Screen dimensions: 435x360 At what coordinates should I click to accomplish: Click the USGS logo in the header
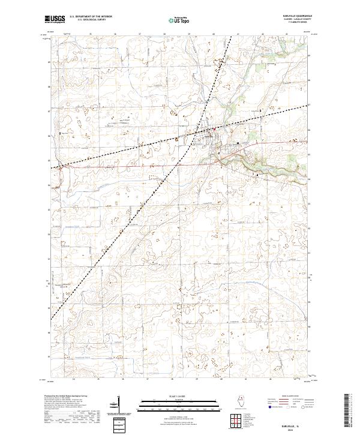coord(55,19)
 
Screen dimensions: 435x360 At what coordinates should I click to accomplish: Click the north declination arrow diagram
coord(127,405)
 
